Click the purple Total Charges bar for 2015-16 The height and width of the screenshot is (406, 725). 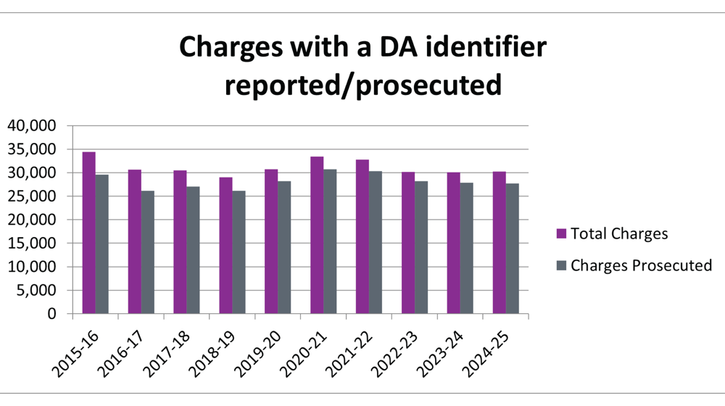[x=88, y=233]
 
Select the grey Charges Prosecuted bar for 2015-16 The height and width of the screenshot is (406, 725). [x=101, y=244]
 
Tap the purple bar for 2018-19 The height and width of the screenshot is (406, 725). [x=226, y=246]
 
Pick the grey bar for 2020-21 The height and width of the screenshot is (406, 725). [x=330, y=241]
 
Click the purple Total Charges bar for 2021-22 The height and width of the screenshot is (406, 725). [x=362, y=237]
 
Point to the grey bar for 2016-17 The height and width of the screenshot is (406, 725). [x=147, y=252]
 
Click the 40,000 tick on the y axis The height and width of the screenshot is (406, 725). [x=32, y=125]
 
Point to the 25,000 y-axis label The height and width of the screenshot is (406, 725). [x=32, y=196]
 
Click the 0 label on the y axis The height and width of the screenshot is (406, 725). [x=52, y=314]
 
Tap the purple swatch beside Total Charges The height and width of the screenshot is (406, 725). [x=560, y=233]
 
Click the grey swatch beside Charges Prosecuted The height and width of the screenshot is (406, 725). [x=560, y=265]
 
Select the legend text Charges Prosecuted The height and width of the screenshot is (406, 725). [x=641, y=265]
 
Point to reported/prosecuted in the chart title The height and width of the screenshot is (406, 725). [x=362, y=85]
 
